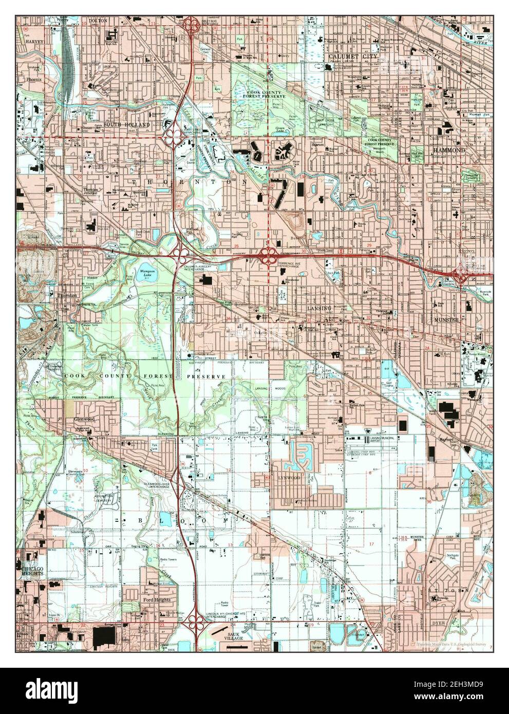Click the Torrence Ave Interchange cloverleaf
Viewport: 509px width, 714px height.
point(267,253)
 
